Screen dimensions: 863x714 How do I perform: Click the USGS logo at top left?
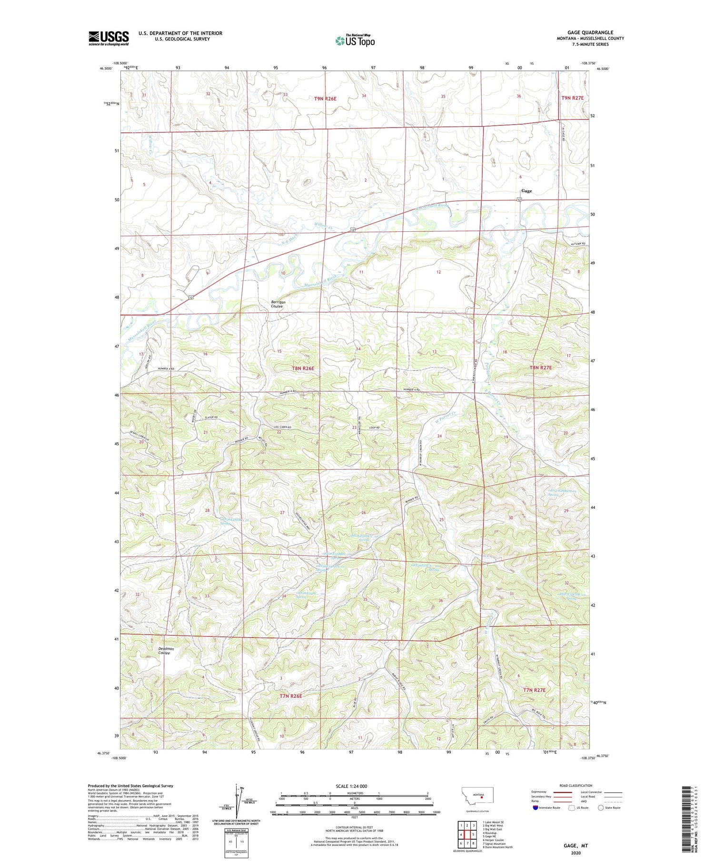(109, 38)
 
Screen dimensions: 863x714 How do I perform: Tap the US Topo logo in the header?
(355, 41)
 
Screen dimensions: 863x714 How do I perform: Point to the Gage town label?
(526, 191)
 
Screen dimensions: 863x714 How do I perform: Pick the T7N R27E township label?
(534, 690)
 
